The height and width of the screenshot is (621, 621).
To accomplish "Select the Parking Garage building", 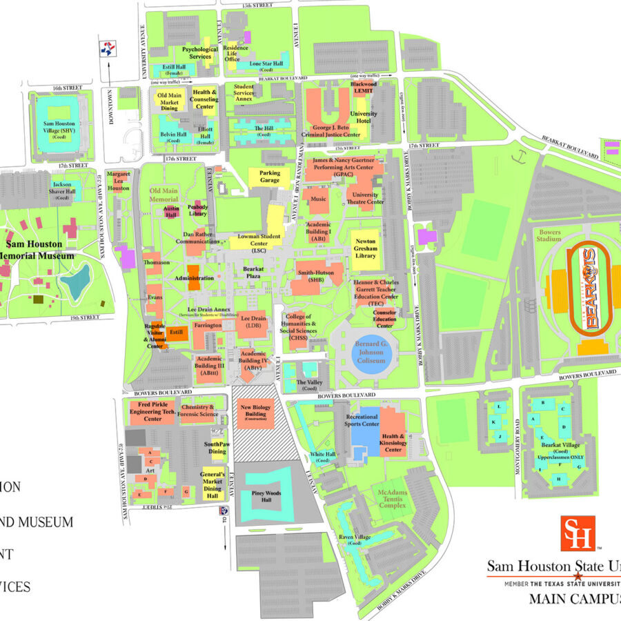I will (x=270, y=177).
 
